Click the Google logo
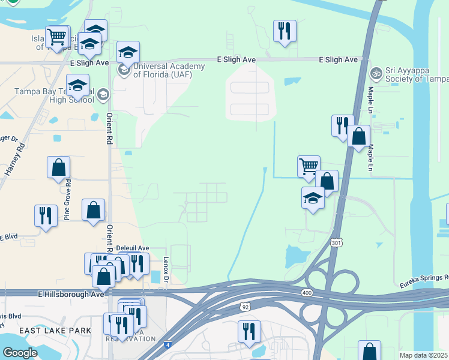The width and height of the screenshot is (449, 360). pos(20,352)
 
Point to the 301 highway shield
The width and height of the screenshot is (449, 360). pos(336,242)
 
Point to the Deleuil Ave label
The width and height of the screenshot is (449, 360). pos(132,247)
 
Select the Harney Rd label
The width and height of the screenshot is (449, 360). pos(16,159)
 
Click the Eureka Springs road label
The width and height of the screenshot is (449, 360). pos(424,278)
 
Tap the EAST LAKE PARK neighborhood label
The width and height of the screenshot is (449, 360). pos(55,331)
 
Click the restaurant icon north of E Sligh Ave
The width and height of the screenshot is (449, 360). pos(285,31)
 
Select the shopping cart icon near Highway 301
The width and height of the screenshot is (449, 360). pos(309,166)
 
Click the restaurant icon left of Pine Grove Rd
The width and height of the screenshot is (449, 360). pos(46,215)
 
